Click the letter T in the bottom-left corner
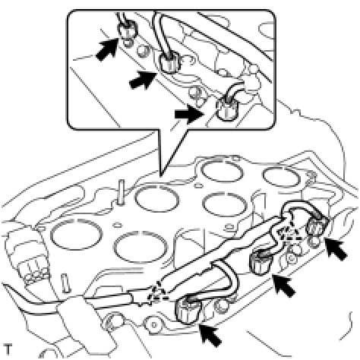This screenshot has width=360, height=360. (x=8, y=349)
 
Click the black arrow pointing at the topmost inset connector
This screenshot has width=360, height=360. (x=107, y=50)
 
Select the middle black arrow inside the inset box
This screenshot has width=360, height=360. (x=142, y=80)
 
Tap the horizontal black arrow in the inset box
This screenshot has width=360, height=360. (x=189, y=114)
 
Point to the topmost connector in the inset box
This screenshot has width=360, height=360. (x=128, y=30)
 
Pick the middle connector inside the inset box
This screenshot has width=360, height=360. (x=169, y=63)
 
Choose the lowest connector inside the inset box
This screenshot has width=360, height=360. (x=226, y=109)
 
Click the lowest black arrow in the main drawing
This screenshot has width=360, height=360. (x=210, y=336)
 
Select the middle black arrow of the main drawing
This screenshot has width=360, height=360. (x=284, y=286)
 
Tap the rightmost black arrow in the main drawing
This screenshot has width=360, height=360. (x=336, y=249)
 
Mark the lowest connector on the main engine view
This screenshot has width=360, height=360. (x=188, y=310)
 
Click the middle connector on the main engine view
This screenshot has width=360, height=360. (x=261, y=264)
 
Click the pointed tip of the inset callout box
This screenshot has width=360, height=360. (x=160, y=176)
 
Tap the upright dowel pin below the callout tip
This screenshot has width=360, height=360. (x=122, y=191)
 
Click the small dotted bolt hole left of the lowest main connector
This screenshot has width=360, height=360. (x=153, y=324)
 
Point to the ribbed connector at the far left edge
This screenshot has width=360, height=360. (x=32, y=272)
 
